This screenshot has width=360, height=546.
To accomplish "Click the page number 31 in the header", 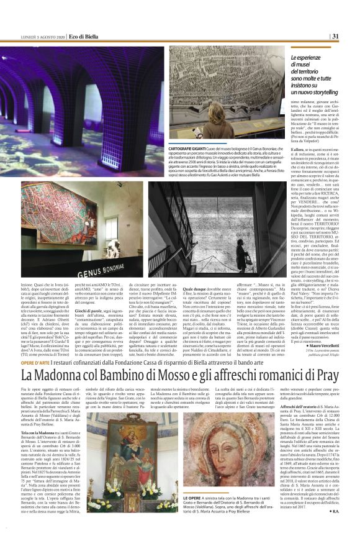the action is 351,36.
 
